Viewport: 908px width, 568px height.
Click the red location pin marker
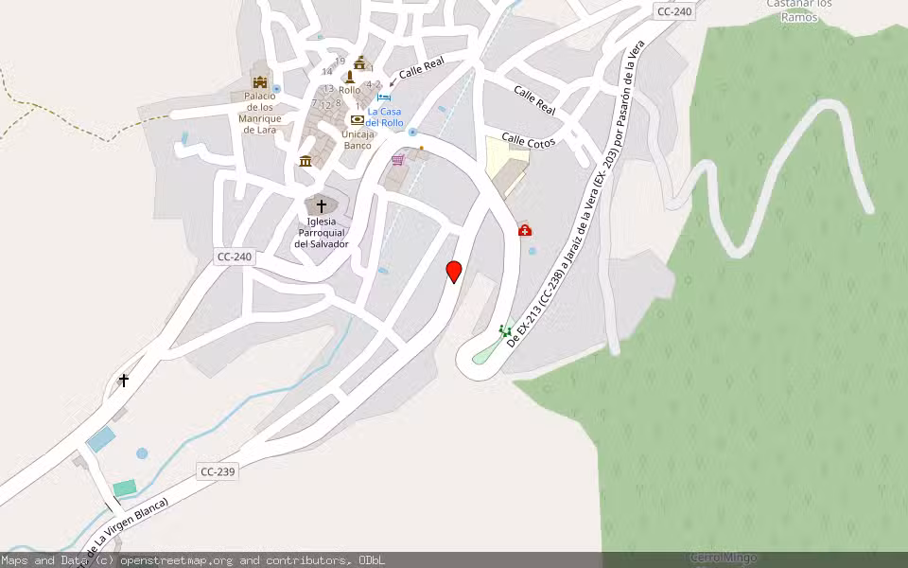(454, 271)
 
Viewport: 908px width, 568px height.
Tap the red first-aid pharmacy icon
(525, 230)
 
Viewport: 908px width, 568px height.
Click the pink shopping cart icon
(398, 160)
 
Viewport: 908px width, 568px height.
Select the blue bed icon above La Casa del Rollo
(384, 98)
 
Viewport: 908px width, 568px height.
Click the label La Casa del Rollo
(385, 117)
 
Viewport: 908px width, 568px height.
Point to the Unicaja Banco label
(358, 140)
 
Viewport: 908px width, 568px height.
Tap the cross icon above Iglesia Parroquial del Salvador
(321, 204)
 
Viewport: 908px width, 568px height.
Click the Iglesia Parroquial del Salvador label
(321, 233)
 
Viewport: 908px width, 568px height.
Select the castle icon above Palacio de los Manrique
(259, 81)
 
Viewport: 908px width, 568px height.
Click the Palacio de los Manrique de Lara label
(259, 113)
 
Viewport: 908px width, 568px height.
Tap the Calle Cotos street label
(527, 140)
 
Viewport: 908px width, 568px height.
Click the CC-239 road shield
(218, 471)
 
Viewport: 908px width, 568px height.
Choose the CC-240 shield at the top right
(673, 11)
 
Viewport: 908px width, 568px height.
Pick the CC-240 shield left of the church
(234, 257)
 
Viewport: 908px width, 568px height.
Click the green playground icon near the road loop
(506, 330)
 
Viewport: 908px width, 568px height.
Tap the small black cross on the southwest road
(124, 381)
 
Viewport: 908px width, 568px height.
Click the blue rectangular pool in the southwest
(101, 439)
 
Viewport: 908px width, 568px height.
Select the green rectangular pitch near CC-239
(125, 488)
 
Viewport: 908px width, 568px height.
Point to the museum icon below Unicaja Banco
(306, 161)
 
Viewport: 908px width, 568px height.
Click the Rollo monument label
(349, 90)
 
